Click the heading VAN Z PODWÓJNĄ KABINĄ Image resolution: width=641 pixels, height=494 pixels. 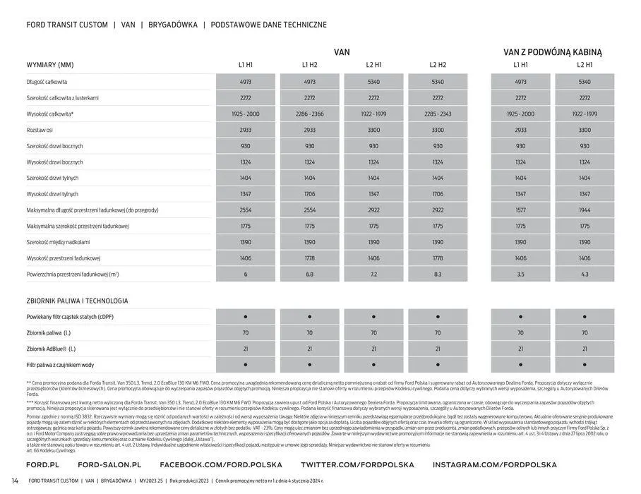click(552, 52)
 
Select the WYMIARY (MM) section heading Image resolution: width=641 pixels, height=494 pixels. click(50, 65)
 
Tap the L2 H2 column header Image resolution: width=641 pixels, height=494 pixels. click(437, 65)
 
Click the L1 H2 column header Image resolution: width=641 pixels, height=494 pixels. click(309, 65)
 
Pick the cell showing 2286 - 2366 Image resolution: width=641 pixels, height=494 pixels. click(309, 114)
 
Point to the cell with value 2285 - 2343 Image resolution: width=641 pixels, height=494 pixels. click(437, 114)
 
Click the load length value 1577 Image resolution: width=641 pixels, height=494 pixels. click(520, 210)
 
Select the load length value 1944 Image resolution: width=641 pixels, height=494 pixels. click(585, 210)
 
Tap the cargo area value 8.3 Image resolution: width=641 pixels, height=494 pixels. click(437, 274)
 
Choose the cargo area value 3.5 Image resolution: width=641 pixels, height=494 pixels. click(520, 274)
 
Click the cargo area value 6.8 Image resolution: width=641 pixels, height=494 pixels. click(309, 274)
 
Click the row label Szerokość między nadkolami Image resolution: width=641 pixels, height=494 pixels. click(62, 242)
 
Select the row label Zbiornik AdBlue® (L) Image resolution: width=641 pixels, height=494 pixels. click(51, 349)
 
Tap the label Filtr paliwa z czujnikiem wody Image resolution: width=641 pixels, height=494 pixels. click(60, 365)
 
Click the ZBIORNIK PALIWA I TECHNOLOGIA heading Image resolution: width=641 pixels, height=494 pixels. click(77, 301)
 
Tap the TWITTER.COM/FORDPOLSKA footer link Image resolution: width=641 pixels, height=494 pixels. click(357, 465)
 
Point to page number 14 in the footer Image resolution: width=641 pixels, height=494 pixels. click(15, 481)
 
